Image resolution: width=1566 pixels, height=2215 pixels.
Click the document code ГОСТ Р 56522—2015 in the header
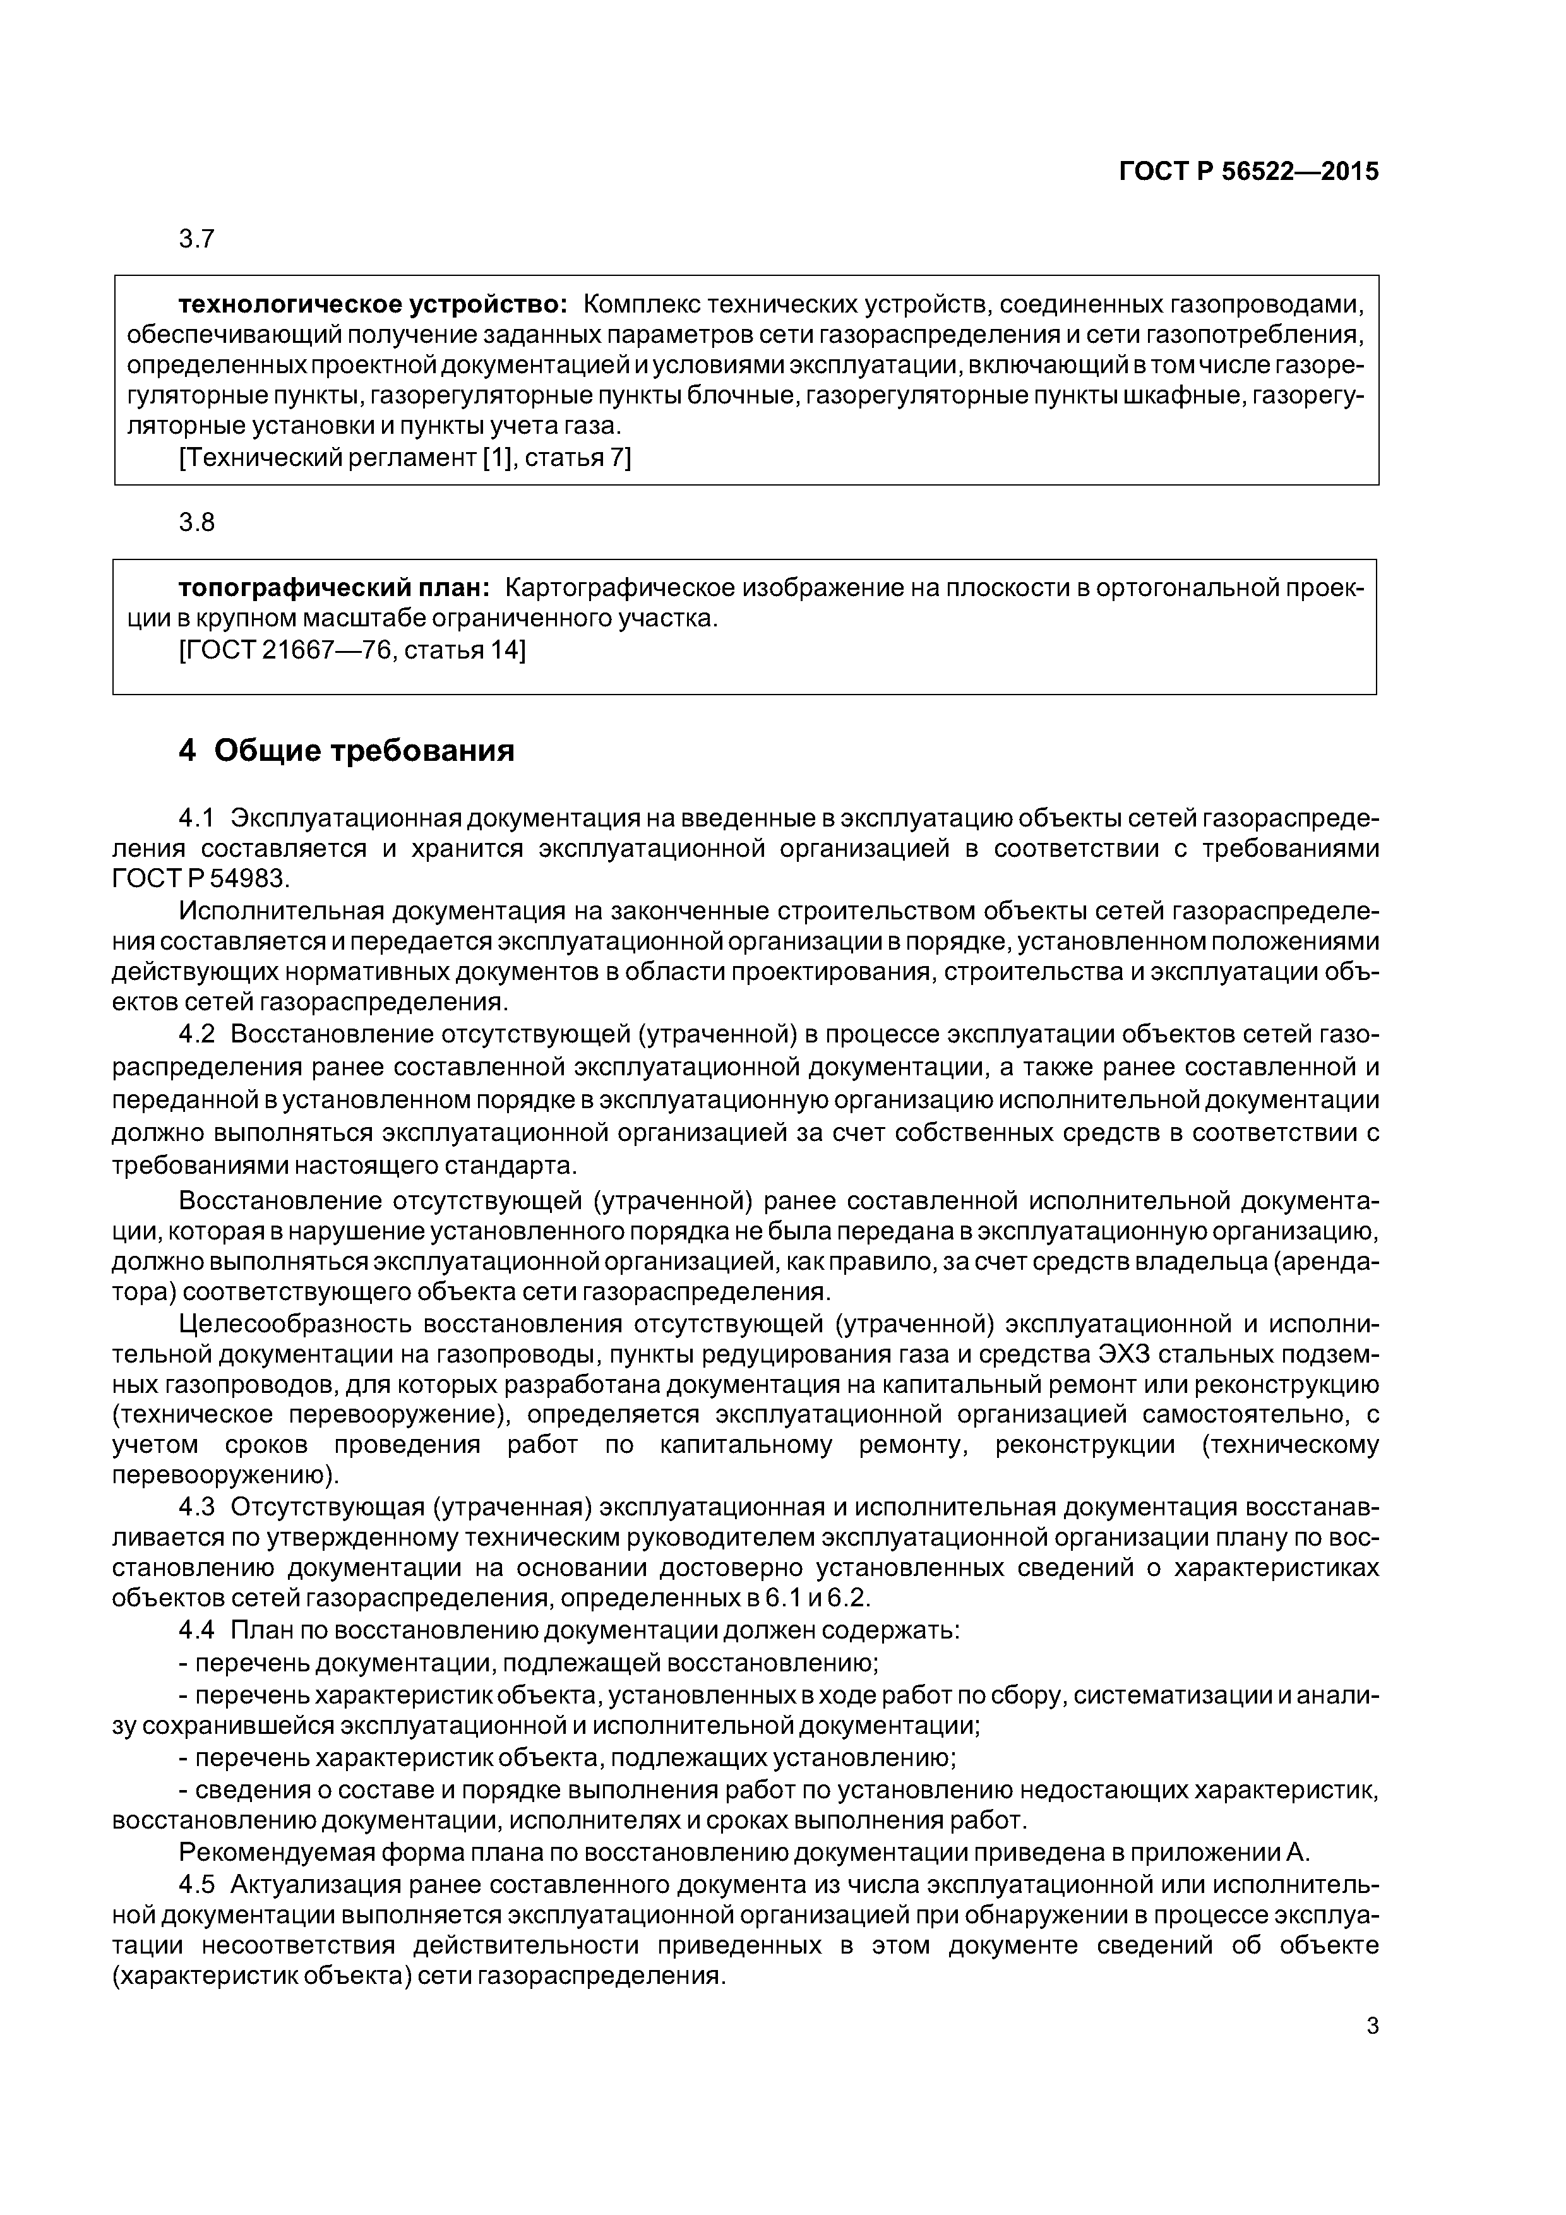1248,172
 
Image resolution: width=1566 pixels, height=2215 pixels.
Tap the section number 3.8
197,523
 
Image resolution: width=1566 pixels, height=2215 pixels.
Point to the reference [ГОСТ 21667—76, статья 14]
352,650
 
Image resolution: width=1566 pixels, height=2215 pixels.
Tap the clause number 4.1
196,818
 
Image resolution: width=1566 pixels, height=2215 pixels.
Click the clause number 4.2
196,1034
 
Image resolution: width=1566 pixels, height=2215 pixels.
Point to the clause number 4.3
196,1507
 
